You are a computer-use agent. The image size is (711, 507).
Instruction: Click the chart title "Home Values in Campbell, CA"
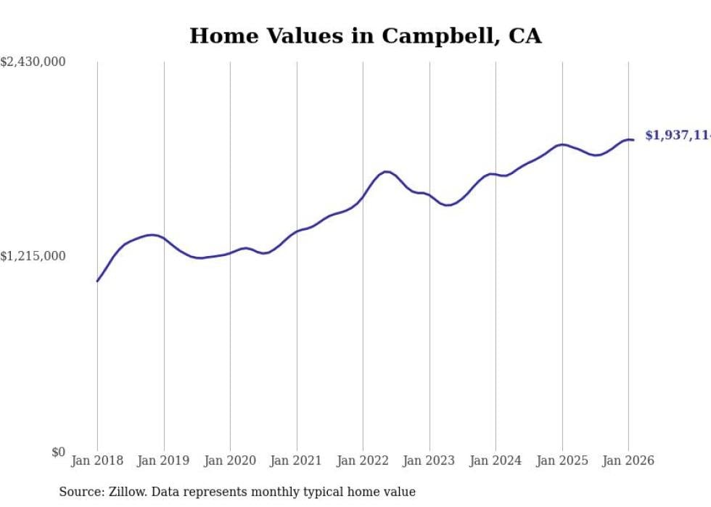365,36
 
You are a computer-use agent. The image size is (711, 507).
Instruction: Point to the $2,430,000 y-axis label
33,62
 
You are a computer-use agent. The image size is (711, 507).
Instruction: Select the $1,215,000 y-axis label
33,256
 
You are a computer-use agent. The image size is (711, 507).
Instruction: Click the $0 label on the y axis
58,452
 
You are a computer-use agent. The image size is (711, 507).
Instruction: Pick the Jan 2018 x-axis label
97,461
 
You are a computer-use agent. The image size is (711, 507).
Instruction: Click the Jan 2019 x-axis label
163,461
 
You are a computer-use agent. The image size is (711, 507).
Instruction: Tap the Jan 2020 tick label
230,461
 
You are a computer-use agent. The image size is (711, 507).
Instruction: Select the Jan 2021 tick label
296,461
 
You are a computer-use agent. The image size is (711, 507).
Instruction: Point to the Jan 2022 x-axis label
363,461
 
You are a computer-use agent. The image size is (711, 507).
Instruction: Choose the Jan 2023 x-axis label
429,461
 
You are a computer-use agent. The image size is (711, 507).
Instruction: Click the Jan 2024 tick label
496,461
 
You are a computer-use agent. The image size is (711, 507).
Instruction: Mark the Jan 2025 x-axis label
562,461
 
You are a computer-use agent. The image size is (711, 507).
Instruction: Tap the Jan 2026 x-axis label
628,461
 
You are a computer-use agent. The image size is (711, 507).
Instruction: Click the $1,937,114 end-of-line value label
677,136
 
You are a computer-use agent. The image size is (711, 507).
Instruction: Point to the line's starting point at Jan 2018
97,281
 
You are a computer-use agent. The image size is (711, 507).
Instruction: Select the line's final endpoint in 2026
633,140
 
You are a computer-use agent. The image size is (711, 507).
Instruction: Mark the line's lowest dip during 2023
448,205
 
